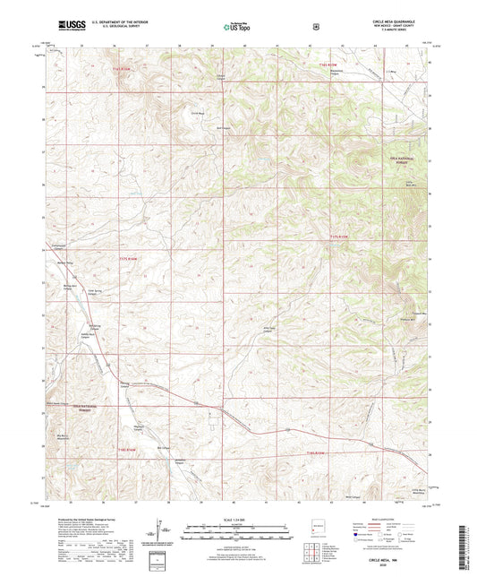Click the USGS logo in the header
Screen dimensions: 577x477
coord(69,25)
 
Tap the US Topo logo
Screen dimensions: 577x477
coord(235,27)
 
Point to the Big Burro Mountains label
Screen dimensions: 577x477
coord(64,438)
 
